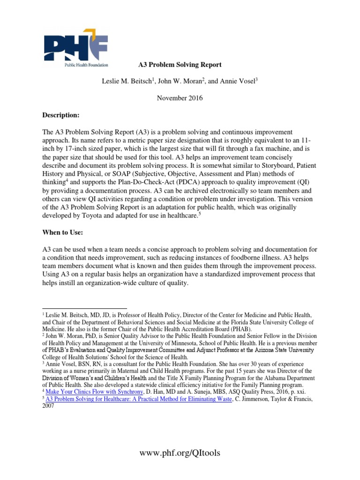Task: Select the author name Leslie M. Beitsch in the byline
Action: [128, 81]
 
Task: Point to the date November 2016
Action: [180, 98]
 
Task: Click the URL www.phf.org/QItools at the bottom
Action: [180, 452]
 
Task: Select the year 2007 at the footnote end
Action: [49, 406]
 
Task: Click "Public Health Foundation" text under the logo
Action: [86, 65]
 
